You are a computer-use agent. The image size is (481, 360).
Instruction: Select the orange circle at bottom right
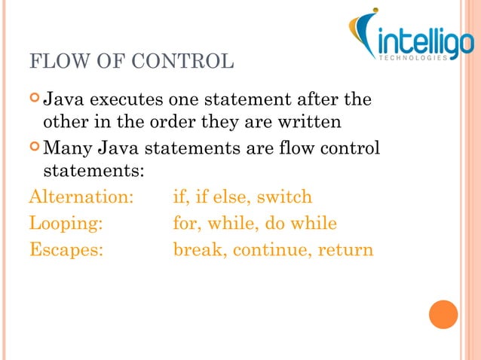coord(443,314)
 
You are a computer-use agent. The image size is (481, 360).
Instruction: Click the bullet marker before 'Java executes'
coord(35,99)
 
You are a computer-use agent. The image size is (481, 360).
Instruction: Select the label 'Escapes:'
coord(66,249)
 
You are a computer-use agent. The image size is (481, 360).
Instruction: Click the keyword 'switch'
coord(284,197)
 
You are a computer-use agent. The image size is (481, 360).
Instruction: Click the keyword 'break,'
coord(200,249)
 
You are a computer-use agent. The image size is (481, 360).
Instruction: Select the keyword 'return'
coord(344,249)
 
